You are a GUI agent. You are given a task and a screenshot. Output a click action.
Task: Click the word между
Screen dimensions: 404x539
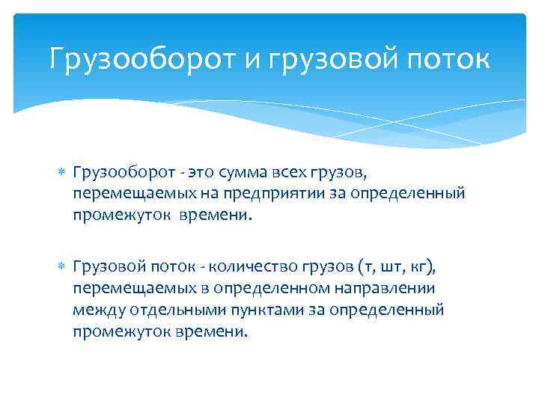click(x=98, y=308)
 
